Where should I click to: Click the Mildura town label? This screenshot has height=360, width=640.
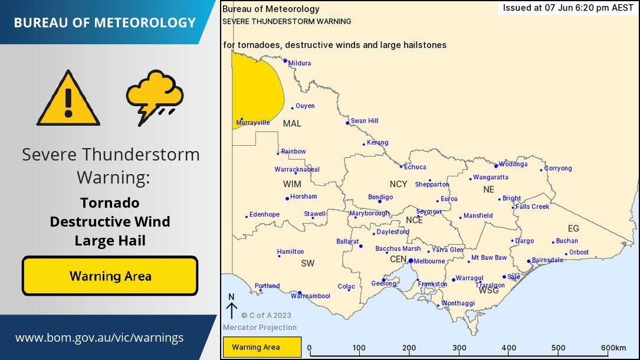point(300,63)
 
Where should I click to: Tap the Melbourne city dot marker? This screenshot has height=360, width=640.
point(411,261)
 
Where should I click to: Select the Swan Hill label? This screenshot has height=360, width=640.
point(365,121)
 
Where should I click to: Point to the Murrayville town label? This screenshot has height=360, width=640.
point(253,123)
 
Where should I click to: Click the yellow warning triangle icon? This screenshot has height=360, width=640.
point(68,99)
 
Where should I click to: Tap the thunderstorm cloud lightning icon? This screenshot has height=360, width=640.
point(155,96)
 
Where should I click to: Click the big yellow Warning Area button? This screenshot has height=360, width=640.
point(110,276)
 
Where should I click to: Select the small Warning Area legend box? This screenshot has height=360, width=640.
point(262,347)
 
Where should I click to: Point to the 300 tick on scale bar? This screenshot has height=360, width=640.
point(459,348)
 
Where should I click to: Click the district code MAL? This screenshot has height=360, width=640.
point(292,123)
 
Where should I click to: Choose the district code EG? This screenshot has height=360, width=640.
point(573,228)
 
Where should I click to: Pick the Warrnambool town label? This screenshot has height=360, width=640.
point(310,296)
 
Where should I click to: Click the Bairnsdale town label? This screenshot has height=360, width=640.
point(547,260)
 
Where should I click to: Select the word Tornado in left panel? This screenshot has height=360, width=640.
point(110,203)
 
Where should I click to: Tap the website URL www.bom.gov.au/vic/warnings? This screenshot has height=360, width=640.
point(99,338)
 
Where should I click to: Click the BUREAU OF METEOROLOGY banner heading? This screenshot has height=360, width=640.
point(104,22)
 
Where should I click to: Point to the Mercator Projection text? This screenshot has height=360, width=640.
point(260,328)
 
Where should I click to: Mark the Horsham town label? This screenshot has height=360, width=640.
point(304,197)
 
